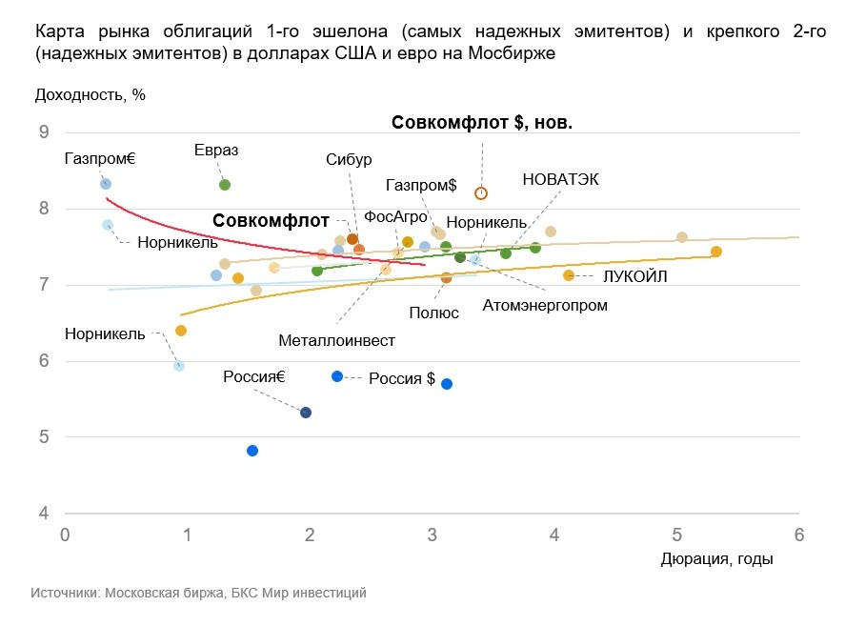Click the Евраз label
pyautogui.click(x=215, y=151)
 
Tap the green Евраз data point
pyautogui.click(x=225, y=185)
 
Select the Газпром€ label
pyautogui.click(x=100, y=158)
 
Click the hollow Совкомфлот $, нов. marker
pyautogui.click(x=481, y=193)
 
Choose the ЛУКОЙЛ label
pyautogui.click(x=634, y=276)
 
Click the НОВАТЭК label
pyautogui.click(x=560, y=179)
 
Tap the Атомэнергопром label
pyautogui.click(x=545, y=306)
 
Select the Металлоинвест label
pyautogui.click(x=336, y=339)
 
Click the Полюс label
pyautogui.click(x=433, y=313)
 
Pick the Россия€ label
pyautogui.click(x=254, y=376)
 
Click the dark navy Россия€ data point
pyautogui.click(x=306, y=413)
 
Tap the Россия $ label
pyautogui.click(x=402, y=378)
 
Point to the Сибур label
pyautogui.click(x=348, y=159)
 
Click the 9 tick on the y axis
pyautogui.click(x=43, y=132)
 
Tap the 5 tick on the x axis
pyautogui.click(x=676, y=535)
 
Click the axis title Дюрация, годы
pyautogui.click(x=716, y=559)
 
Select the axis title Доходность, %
pyautogui.click(x=90, y=94)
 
